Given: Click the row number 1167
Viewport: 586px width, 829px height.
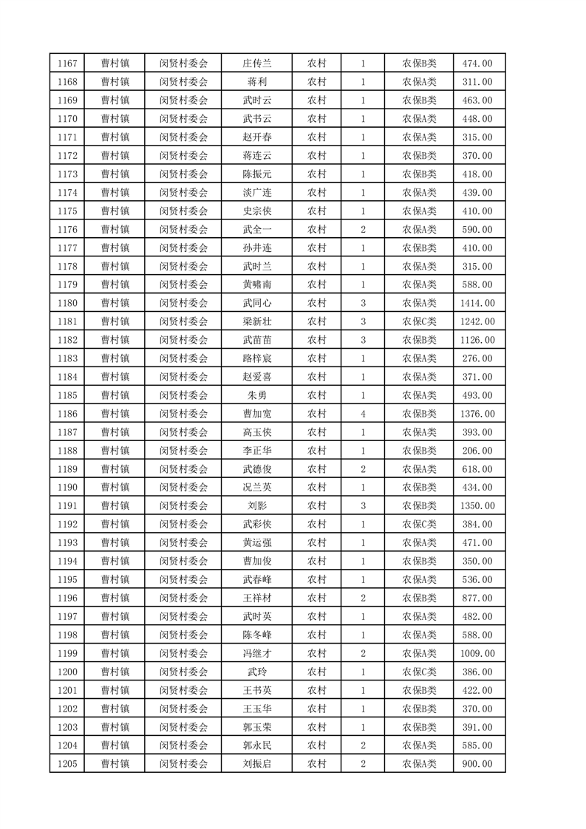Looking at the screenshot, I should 67,63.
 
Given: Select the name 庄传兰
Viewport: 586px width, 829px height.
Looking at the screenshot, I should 257,63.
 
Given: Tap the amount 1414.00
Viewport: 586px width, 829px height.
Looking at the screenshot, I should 477,303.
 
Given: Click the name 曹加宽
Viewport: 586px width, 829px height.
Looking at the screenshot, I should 257,414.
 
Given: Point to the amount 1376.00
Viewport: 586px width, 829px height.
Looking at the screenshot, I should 477,414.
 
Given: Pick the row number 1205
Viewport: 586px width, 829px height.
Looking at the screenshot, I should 67,764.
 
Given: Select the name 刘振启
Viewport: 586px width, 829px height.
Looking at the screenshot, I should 257,764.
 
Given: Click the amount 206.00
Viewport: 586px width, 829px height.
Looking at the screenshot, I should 477,451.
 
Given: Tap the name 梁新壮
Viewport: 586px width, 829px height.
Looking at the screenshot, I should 257,321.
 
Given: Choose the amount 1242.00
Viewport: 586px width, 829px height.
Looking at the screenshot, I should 477,321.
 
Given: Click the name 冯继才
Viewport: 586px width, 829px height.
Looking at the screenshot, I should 257,653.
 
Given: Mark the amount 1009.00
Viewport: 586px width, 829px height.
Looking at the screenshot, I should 477,653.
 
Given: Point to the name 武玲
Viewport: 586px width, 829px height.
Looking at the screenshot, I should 257,672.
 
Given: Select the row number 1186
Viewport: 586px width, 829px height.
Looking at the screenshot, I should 67,414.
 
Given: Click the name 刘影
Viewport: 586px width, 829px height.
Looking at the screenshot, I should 257,506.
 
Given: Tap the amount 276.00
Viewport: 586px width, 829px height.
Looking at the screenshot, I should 477,358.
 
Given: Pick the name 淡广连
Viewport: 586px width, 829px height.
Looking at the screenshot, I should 257,192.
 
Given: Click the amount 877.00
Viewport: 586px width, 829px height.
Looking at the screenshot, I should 477,598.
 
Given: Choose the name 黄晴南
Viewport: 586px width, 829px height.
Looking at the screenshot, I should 257,284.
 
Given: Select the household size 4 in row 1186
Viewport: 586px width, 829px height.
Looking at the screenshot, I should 363,414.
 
